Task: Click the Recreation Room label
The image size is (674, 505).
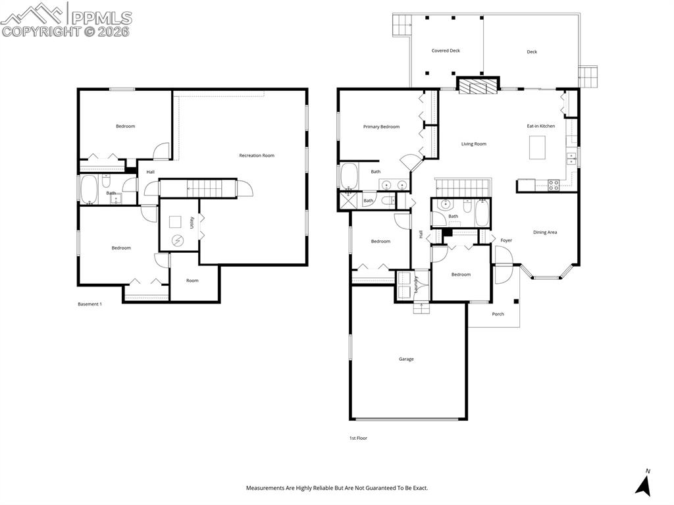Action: point(256,155)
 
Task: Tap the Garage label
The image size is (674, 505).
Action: point(406,359)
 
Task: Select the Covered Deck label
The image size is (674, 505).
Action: point(446,51)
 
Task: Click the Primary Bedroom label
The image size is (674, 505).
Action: point(381,126)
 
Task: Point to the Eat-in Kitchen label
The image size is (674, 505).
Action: point(540,126)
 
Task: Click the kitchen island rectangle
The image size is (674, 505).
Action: point(538,147)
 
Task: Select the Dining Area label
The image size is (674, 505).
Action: point(545,232)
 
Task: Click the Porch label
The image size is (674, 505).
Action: point(498,314)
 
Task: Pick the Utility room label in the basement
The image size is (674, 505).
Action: point(192,223)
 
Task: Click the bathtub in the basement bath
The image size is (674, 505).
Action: point(90,190)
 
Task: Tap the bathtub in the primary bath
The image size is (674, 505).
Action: point(348,176)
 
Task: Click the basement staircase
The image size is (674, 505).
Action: point(197,188)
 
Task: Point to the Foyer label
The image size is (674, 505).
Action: point(506,240)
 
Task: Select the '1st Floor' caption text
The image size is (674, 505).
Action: point(358,438)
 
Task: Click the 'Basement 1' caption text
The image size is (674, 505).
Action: point(90,304)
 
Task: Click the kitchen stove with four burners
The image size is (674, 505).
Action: point(554,185)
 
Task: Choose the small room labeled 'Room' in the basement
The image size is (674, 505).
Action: point(192,280)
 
